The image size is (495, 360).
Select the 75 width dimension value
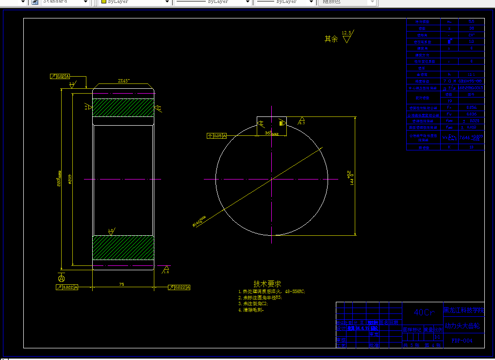121,284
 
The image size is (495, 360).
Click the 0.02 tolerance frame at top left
60,77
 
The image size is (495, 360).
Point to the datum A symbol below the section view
61,278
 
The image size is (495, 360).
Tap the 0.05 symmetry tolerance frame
217,136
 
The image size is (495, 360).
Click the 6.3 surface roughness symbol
302,121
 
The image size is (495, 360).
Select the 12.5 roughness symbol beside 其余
347,36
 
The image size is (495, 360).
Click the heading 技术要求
267,284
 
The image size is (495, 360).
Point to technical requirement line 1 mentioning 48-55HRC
272,292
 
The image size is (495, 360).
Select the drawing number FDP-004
461,341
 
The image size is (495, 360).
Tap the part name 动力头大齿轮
462,326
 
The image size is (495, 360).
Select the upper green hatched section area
123,108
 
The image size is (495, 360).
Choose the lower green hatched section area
123,247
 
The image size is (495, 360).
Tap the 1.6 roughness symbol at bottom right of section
166,269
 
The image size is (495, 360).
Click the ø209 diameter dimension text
70,180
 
